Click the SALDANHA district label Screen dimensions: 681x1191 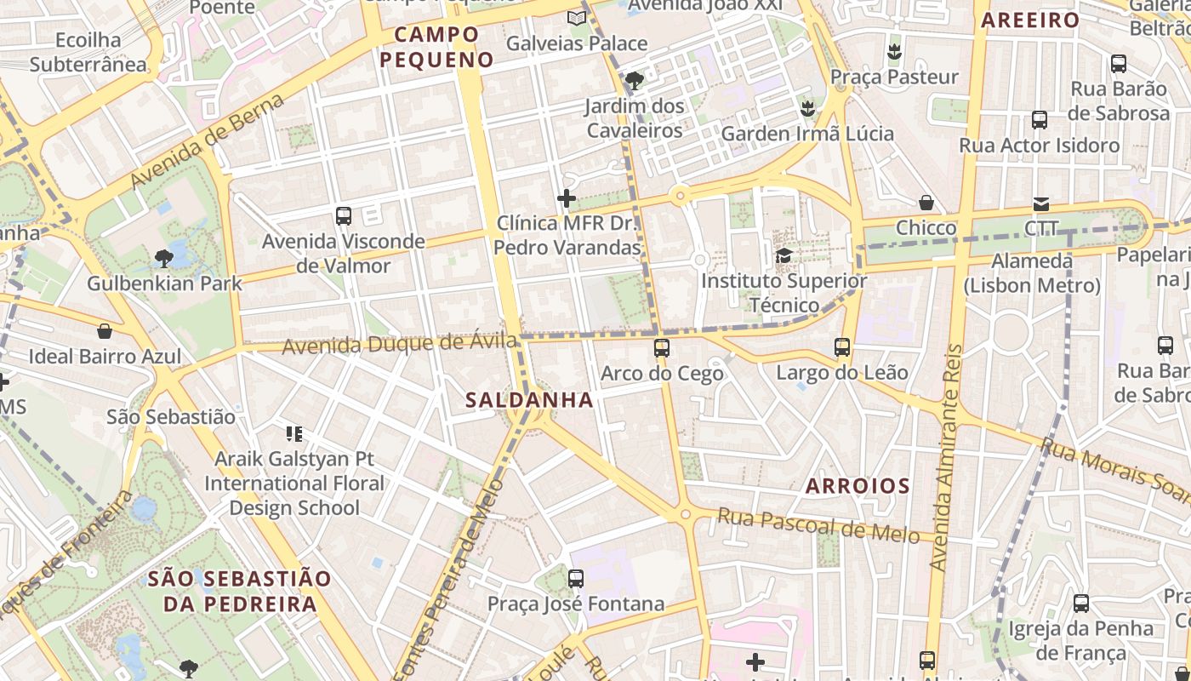point(529,399)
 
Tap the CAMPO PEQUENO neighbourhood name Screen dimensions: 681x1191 point(436,47)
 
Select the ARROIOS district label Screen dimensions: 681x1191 point(858,486)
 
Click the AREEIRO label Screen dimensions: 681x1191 point(1030,20)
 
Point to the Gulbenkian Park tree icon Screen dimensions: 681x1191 point(164,258)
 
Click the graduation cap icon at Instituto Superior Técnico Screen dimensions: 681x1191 point(784,255)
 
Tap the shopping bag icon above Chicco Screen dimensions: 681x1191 point(926,203)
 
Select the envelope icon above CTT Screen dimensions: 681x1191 point(1041,203)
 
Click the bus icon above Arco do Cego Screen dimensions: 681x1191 point(662,347)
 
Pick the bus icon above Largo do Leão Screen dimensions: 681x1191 point(842,347)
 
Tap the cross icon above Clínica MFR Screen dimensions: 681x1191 point(567,198)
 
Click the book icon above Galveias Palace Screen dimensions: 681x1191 point(577,18)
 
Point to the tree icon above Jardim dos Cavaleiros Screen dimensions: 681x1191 point(634,81)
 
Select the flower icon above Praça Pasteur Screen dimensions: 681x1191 point(894,51)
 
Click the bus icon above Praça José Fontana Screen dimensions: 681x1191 point(576,579)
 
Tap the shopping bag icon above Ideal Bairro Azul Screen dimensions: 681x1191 point(105,330)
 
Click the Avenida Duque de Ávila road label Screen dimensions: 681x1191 point(399,344)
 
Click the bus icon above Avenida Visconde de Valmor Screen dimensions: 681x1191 point(344,215)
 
